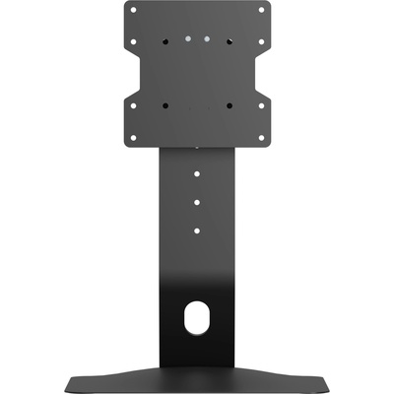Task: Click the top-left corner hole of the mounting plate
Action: pos(134,11)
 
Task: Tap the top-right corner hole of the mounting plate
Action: pos(261,11)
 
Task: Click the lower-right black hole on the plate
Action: pos(229,104)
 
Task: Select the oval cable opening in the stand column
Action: pos(197,320)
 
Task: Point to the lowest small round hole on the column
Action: pos(197,230)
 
